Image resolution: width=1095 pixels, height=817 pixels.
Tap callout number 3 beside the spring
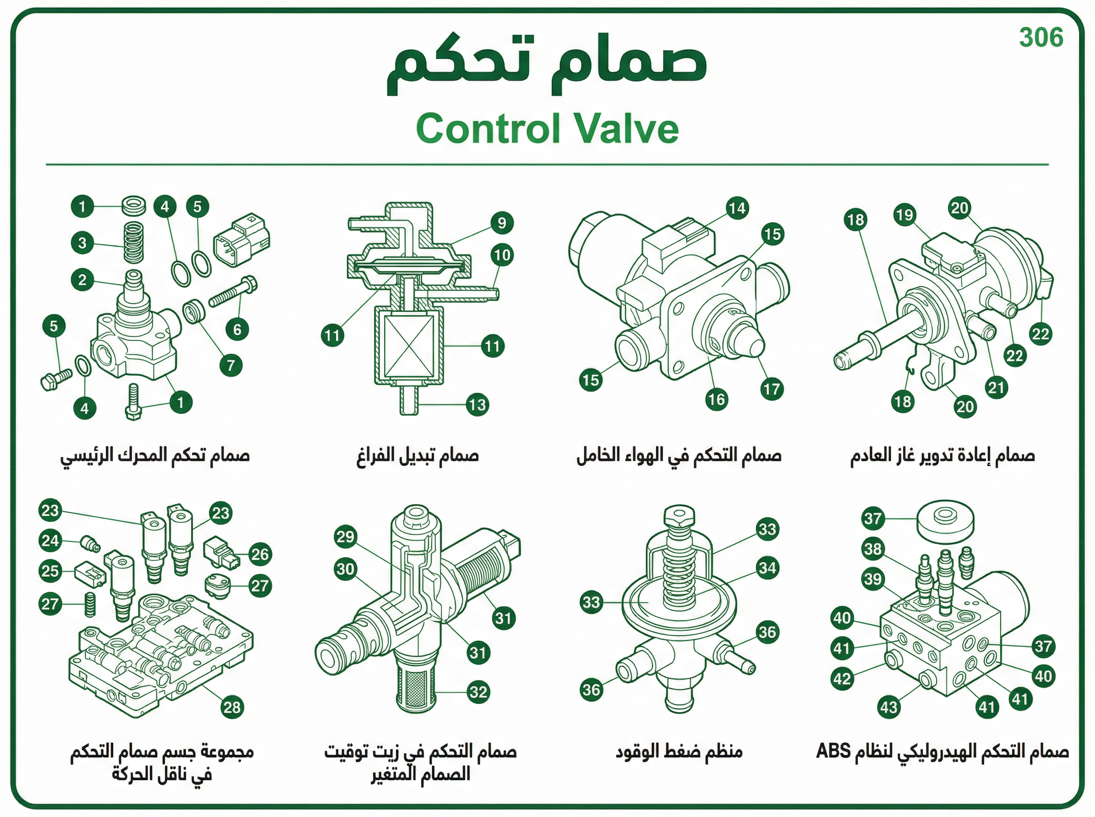pos(82,243)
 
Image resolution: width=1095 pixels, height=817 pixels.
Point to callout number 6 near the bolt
pos(237,329)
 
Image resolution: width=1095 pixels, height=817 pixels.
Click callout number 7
pos(231,366)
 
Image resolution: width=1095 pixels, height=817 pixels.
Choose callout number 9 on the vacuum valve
pos(502,223)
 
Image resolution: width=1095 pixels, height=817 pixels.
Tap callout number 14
pos(737,208)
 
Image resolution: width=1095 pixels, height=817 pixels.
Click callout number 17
pos(772,389)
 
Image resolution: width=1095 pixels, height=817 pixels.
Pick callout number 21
pos(996,387)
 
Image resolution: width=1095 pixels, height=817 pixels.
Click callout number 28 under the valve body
pos(232,708)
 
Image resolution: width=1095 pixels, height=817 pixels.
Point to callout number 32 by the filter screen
pos(478,692)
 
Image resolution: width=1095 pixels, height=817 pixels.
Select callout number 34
pos(767,568)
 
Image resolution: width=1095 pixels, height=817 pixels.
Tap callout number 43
pos(889,707)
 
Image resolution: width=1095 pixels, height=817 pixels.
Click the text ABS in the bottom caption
pos(833,751)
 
